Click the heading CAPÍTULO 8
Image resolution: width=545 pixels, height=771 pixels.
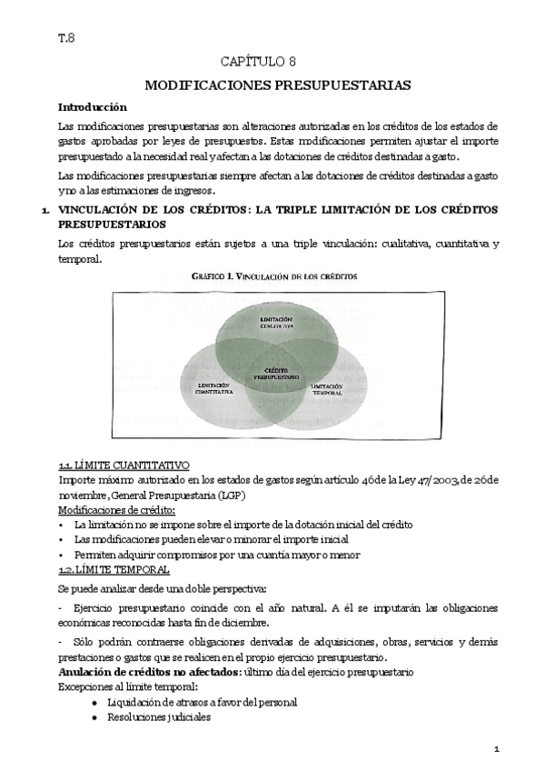point(272,61)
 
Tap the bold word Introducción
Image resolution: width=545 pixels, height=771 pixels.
point(92,106)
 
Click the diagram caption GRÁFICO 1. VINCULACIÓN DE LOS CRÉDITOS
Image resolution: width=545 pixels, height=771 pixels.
point(273,275)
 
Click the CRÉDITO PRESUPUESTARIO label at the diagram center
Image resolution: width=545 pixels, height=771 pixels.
point(276,373)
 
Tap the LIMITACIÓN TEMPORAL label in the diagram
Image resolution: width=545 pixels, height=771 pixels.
point(327,388)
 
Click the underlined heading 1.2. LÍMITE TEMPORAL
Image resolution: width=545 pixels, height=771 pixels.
point(113,569)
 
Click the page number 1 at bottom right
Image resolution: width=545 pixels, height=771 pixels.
point(497,748)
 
